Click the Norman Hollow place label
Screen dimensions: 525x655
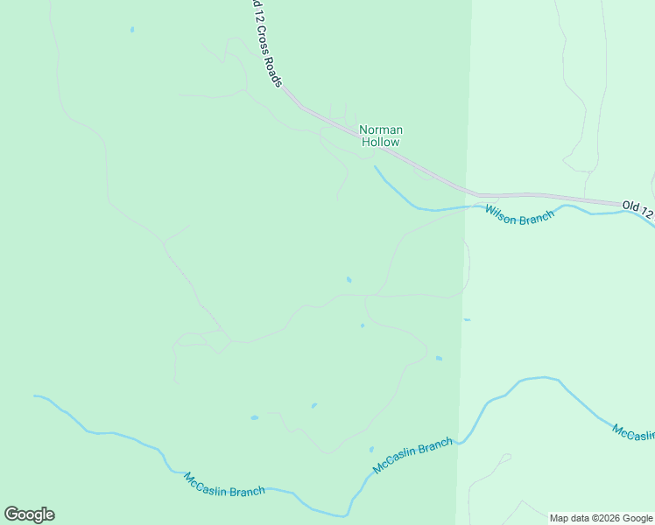pyautogui.click(x=381, y=136)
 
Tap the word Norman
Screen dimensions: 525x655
pyautogui.click(x=381, y=130)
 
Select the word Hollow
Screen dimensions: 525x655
pyautogui.click(x=381, y=142)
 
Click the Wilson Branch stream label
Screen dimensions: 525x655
pyautogui.click(x=520, y=215)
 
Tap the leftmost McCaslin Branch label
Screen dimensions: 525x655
pyautogui.click(x=224, y=485)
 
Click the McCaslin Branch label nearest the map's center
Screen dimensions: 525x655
pyautogui.click(x=413, y=456)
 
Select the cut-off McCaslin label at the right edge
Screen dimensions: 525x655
pyautogui.click(x=633, y=434)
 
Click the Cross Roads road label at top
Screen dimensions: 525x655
pyautogui.click(x=266, y=44)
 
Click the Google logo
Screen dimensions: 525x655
pyautogui.click(x=29, y=514)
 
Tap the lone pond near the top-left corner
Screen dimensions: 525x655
pyautogui.click(x=132, y=29)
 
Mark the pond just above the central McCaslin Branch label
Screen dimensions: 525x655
pyautogui.click(x=371, y=449)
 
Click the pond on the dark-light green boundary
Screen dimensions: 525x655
pyautogui.click(x=467, y=319)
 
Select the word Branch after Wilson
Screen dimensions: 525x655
pyautogui.click(x=538, y=217)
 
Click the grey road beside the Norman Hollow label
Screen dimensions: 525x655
pyautogui.click(x=412, y=161)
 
